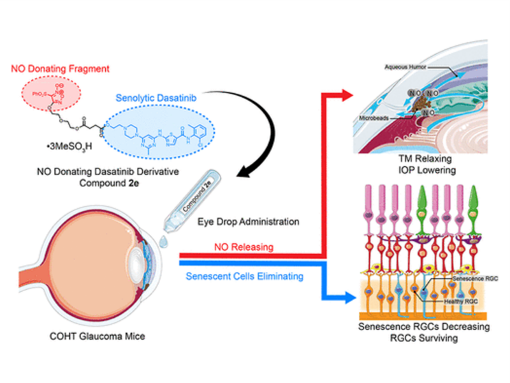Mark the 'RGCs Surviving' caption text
click(416, 339)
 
